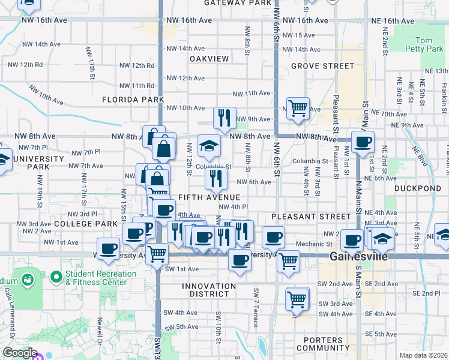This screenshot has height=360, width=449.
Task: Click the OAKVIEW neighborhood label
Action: click(x=209, y=59)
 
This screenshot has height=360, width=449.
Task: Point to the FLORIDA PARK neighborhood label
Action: click(x=133, y=99)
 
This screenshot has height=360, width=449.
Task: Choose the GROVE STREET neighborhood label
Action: click(x=322, y=66)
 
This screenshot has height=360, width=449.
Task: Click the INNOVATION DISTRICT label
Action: click(x=209, y=291)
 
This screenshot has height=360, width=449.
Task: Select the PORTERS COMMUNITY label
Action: click(x=322, y=344)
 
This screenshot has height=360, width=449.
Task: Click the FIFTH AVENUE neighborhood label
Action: click(x=209, y=197)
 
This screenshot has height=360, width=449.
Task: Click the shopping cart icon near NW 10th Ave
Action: click(x=298, y=109)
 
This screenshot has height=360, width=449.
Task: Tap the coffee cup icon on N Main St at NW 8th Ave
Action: click(x=363, y=142)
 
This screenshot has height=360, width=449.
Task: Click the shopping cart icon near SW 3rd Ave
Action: click(x=297, y=298)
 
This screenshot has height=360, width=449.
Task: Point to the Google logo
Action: click(x=19, y=353)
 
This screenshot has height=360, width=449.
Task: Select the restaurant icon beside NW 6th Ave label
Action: click(x=215, y=178)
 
